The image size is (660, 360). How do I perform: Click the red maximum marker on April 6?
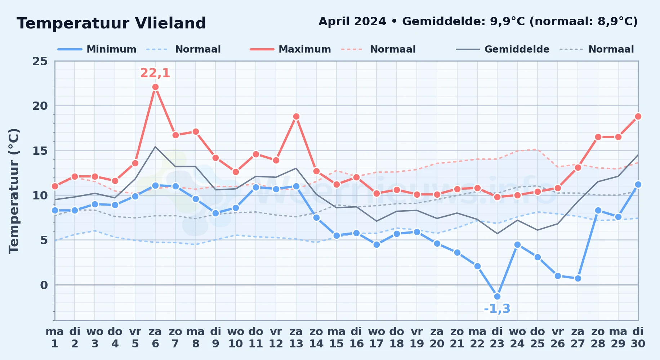click(x=155, y=87)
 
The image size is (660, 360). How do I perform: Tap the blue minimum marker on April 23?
click(x=497, y=297)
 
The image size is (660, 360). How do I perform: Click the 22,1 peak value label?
click(x=155, y=73)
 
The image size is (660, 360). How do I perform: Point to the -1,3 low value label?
click(x=497, y=309)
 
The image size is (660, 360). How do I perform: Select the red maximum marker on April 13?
click(x=296, y=117)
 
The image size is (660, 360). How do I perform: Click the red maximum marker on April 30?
click(x=638, y=117)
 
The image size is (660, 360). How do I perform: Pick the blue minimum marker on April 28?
click(x=598, y=211)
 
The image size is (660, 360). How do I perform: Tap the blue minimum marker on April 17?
click(x=376, y=245)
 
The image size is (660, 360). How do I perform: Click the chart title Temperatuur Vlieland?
click(x=111, y=23)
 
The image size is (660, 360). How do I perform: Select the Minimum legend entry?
click(x=97, y=49)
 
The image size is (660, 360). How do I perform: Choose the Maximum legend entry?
click(x=290, y=49)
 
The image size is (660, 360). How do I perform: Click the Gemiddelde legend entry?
click(x=503, y=49)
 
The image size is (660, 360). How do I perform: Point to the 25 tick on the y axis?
click(x=40, y=61)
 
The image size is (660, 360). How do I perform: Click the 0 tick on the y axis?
click(x=44, y=285)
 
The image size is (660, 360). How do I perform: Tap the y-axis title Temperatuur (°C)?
click(x=14, y=191)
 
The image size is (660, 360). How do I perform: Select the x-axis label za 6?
click(x=155, y=338)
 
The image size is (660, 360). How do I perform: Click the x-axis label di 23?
click(x=497, y=338)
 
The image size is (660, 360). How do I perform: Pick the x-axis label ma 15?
click(x=336, y=338)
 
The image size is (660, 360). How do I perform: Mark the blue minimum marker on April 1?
click(x=55, y=211)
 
